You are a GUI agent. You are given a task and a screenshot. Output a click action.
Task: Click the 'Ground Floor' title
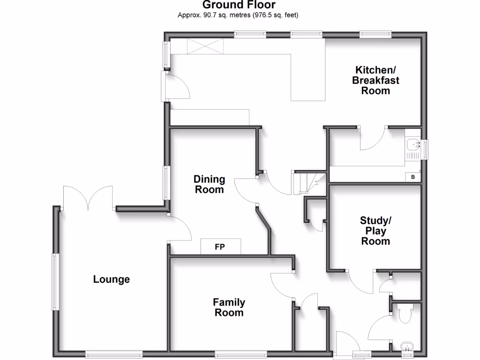click(239, 5)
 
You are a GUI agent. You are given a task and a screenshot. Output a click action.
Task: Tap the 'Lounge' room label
click(112, 279)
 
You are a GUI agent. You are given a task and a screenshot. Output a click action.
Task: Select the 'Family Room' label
click(229, 307)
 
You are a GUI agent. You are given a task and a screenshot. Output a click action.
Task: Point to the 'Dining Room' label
click(210, 184)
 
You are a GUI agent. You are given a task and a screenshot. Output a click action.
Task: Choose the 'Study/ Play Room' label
click(375, 231)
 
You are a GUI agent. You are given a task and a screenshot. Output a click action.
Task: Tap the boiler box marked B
click(413, 177)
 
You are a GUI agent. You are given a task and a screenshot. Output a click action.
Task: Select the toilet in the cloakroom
click(404, 312)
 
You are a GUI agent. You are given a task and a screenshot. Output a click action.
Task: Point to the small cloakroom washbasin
click(407, 347)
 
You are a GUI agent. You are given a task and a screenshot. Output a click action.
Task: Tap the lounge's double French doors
click(88, 197)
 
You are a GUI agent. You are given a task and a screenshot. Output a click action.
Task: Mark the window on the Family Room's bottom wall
click(241, 353)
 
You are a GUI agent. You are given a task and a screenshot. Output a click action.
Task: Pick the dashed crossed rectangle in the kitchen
click(205, 46)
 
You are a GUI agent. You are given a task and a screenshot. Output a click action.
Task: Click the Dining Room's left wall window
click(166, 183)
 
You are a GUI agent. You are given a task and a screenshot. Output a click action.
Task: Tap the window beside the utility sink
click(425, 150)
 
